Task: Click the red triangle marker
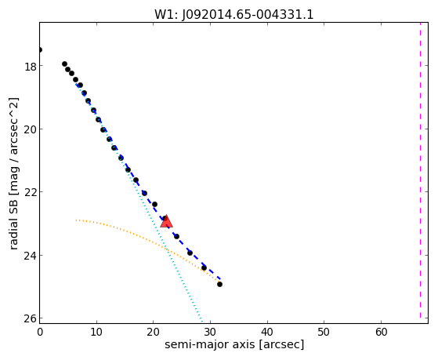click(166, 221)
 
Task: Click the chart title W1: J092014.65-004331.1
click(234, 14)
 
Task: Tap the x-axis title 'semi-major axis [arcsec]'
click(234, 344)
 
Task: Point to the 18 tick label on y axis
click(30, 67)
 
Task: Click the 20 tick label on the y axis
click(30, 130)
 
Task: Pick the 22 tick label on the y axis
click(30, 193)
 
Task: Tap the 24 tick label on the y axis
click(30, 256)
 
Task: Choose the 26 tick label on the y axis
click(30, 319)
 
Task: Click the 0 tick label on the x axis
click(40, 332)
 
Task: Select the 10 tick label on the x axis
click(96, 332)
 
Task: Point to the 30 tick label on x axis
click(210, 332)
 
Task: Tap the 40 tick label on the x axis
click(267, 332)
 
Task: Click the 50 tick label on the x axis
click(324, 332)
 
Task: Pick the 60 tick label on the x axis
click(381, 332)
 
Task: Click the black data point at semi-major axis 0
click(40, 49)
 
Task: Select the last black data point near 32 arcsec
click(219, 284)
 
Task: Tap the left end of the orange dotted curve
click(76, 220)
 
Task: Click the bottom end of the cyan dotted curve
click(201, 320)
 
